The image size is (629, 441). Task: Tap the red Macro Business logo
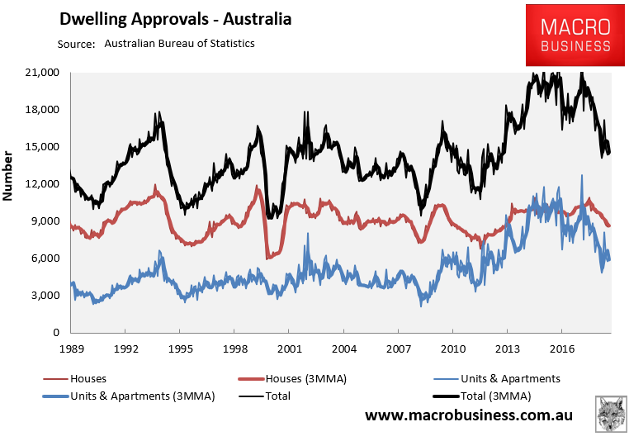pyautogui.click(x=570, y=35)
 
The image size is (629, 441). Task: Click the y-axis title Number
pyautogui.click(x=9, y=176)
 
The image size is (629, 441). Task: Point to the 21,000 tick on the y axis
pyautogui.click(x=42, y=73)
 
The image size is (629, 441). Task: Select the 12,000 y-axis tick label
pyautogui.click(x=42, y=183)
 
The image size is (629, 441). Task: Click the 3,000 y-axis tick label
pyautogui.click(x=45, y=295)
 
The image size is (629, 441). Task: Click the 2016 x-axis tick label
pyautogui.click(x=562, y=349)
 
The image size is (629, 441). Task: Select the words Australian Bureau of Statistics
pyautogui.click(x=179, y=43)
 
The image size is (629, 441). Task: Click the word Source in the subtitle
pyautogui.click(x=76, y=43)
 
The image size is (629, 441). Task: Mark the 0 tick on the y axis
pyautogui.click(x=57, y=332)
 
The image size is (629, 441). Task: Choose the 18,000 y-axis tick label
pyautogui.click(x=42, y=110)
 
